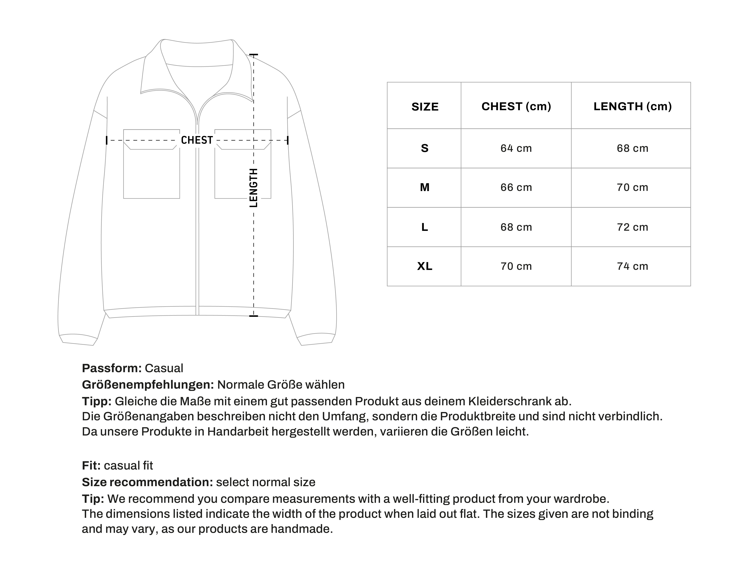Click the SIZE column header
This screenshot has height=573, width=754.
[x=424, y=107]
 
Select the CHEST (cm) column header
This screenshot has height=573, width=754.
[x=516, y=106]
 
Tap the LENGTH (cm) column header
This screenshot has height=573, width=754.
[x=632, y=106]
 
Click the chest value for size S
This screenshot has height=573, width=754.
[x=516, y=148]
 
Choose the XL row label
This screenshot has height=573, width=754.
[x=424, y=266]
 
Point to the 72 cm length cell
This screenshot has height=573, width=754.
[x=632, y=227]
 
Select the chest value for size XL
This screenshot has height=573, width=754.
[x=516, y=266]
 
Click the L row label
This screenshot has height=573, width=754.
[x=424, y=227]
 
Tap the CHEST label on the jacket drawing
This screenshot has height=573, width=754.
[x=197, y=140]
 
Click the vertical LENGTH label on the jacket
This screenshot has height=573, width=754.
[x=253, y=188]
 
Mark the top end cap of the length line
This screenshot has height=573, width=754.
[x=253, y=55]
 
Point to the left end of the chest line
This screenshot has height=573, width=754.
[x=107, y=140]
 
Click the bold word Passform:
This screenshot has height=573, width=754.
[x=111, y=368]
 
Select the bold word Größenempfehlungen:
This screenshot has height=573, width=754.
[x=148, y=385]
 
